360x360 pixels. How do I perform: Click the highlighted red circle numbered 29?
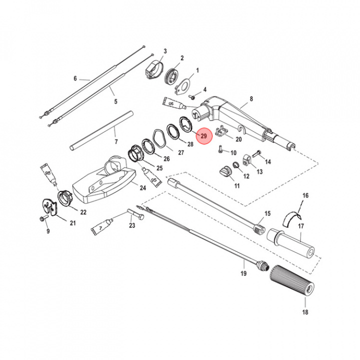click(x=203, y=135)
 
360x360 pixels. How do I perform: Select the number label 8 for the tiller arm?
click(x=251, y=99)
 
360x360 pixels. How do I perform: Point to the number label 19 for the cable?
click(x=243, y=274)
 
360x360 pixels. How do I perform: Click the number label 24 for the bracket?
click(x=142, y=187)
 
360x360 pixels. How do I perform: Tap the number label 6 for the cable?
click(x=75, y=78)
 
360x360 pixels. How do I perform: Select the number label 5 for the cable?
click(x=115, y=101)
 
